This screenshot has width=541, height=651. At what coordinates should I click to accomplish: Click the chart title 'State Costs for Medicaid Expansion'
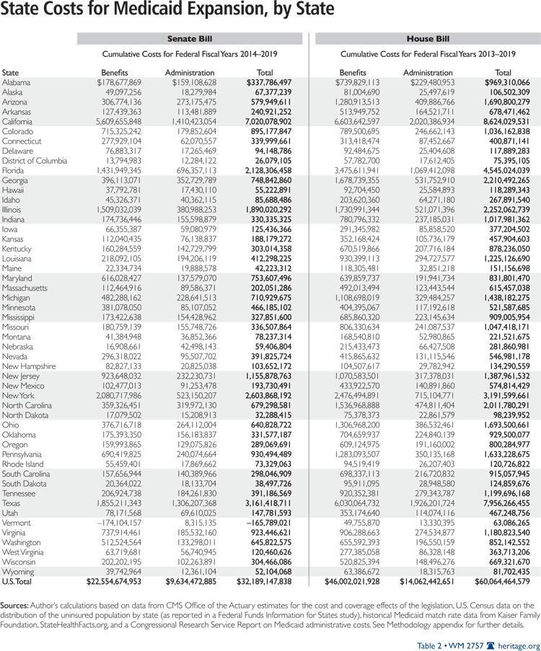(167, 10)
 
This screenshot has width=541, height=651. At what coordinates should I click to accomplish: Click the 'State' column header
(11, 73)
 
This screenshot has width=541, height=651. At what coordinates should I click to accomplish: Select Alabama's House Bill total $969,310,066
(502, 83)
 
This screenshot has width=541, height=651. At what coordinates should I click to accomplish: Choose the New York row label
(18, 395)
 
